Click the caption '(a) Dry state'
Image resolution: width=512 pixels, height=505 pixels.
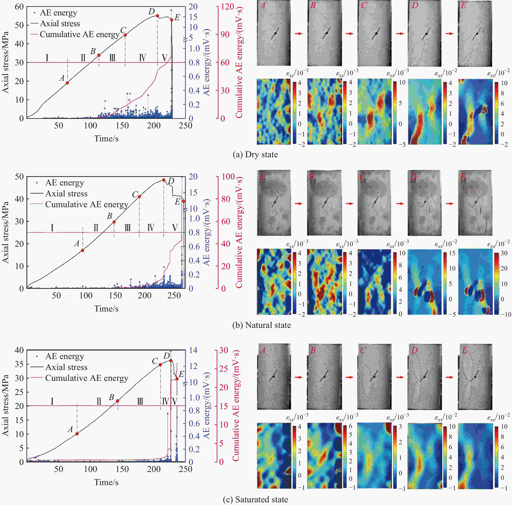[255, 155]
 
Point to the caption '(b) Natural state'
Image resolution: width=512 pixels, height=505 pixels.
[262, 325]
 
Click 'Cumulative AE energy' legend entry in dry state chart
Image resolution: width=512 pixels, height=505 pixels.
[80, 34]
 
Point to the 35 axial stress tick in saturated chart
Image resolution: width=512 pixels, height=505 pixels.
[19, 364]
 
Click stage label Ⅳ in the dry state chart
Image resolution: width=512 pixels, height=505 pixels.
[143, 58]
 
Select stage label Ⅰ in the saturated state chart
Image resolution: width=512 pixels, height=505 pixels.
[52, 401]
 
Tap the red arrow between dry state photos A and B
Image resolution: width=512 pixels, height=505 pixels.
[299, 34]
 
